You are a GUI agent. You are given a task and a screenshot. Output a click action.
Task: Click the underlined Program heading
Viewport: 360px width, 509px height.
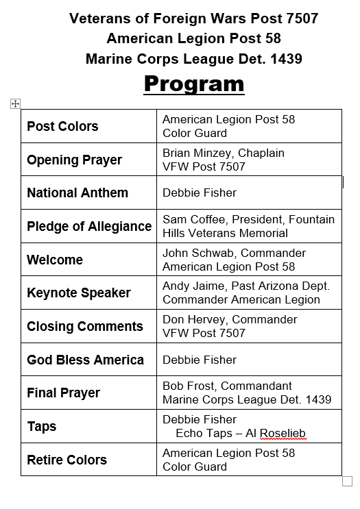tap(193, 84)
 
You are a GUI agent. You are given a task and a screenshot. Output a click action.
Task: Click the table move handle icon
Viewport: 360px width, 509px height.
tap(15, 103)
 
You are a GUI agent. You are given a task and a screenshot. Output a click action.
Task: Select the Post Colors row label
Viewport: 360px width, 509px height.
tap(62, 126)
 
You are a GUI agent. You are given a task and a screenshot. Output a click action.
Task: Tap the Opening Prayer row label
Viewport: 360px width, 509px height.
tap(74, 160)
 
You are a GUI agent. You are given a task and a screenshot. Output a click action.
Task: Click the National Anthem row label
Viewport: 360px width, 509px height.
tap(77, 193)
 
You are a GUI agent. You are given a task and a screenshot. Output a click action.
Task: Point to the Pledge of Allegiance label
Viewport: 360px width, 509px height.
tap(89, 226)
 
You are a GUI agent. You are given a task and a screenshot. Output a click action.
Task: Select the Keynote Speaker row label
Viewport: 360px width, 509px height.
tap(78, 293)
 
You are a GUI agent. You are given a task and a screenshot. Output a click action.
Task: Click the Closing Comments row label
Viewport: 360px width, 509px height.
tap(85, 326)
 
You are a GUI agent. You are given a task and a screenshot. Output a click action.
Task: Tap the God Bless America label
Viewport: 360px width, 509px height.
tap(85, 360)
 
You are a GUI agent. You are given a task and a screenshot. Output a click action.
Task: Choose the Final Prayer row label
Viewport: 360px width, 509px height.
tap(63, 393)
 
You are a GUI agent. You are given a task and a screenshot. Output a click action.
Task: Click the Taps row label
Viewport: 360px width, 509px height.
tap(42, 426)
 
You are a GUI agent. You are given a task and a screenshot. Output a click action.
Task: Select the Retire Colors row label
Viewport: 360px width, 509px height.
tap(67, 460)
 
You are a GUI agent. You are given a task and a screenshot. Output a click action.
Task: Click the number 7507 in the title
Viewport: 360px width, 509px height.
tap(301, 18)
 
